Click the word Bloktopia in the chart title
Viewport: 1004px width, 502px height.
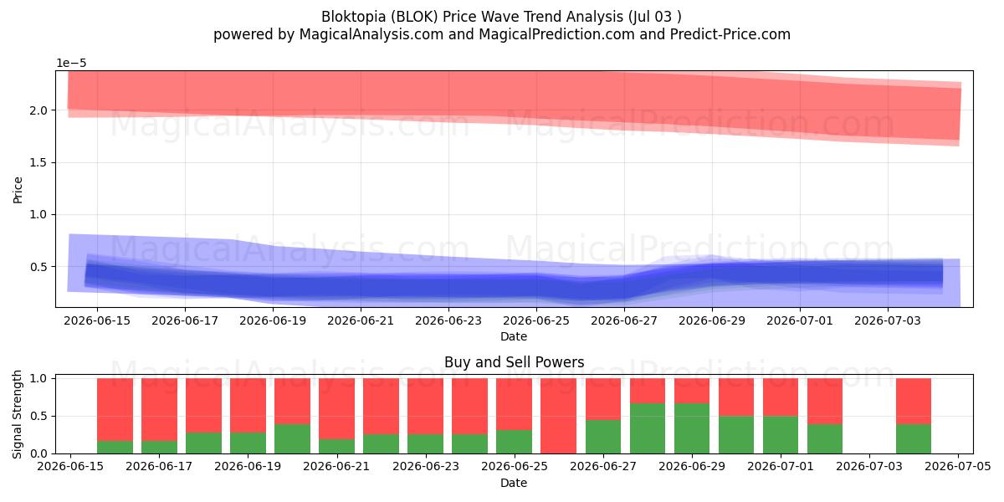tap(353, 17)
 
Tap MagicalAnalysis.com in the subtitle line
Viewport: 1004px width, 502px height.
tap(371, 34)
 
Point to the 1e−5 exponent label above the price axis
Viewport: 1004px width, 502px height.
tap(71, 64)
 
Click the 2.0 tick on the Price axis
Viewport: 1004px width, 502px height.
tap(38, 110)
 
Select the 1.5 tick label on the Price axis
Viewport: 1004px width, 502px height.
tap(38, 162)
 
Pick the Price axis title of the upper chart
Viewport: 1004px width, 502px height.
tap(18, 190)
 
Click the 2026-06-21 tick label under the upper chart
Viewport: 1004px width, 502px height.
tap(361, 321)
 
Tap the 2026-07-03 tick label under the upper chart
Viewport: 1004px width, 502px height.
tap(888, 321)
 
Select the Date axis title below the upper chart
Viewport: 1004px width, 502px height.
tap(514, 336)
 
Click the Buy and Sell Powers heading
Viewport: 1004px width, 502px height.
tap(514, 362)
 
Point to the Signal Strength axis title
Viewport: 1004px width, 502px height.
tap(18, 415)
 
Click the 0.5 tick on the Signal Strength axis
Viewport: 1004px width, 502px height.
tap(38, 416)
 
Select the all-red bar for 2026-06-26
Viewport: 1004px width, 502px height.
tap(559, 416)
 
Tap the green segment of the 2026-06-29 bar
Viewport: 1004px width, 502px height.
tap(692, 428)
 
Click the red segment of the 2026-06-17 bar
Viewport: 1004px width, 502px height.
tap(160, 410)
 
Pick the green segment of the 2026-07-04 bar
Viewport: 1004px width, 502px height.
tap(914, 438)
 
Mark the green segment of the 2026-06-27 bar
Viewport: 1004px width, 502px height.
tap(603, 437)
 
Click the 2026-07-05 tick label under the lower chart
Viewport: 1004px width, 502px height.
tap(958, 466)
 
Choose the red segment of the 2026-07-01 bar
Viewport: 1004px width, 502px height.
tap(781, 397)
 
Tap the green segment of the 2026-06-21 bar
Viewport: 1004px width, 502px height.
tap(336, 447)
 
